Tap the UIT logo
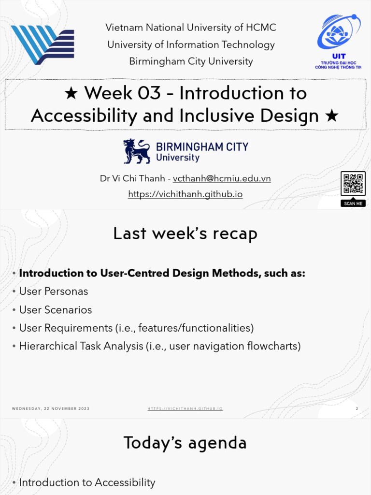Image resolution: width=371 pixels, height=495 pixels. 338,42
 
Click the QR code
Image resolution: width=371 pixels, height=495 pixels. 353,184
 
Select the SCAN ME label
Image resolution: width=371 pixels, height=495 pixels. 353,204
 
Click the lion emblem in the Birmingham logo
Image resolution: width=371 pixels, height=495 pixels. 136,151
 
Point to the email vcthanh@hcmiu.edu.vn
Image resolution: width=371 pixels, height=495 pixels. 222,178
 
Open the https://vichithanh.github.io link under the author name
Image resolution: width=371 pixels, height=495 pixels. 185,194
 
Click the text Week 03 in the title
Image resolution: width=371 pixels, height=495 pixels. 122,93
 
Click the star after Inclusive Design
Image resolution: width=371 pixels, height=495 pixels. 332,116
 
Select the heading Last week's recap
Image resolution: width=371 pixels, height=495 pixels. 185,234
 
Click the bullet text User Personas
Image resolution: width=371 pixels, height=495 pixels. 54,291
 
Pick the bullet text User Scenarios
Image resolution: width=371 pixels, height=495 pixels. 56,310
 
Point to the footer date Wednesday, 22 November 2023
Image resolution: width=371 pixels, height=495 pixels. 51,409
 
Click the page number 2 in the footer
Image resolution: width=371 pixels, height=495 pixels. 357,409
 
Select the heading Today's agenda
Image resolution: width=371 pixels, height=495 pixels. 185,443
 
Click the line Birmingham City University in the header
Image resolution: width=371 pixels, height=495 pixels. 191,61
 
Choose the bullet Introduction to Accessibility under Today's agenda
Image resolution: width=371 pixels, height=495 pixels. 87,482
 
